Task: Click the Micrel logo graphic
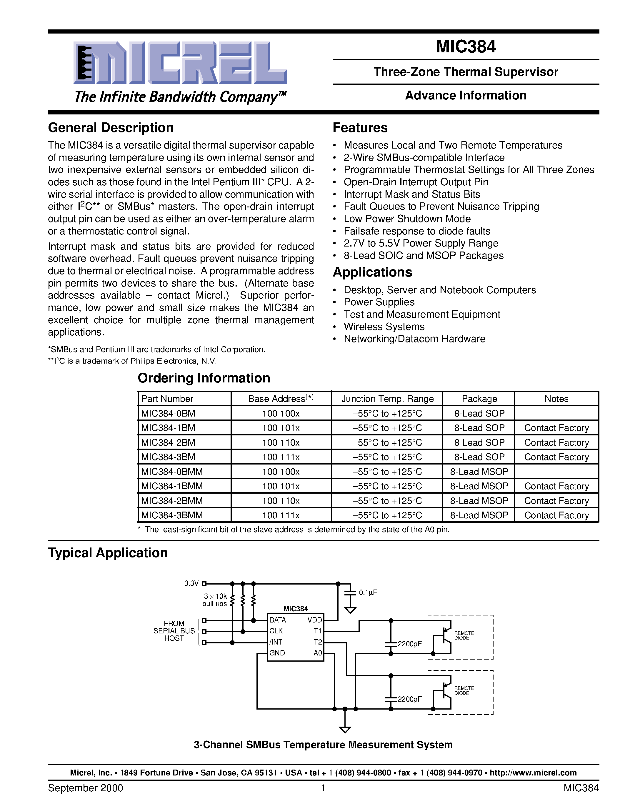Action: pos(180,63)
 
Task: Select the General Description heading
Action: pos(111,128)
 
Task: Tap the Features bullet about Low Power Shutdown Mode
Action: pos(407,219)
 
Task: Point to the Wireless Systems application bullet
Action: pos(384,327)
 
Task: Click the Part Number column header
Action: pos(167,399)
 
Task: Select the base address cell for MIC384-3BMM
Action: pos(281,515)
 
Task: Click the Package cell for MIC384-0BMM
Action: pos(479,472)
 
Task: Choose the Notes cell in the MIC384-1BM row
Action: pos(556,428)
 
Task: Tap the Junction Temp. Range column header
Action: pos(387,399)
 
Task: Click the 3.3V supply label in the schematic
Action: pos(191,583)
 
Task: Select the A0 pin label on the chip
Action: pos(317,653)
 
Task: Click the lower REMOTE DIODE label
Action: pos(464,690)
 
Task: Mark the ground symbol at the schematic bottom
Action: pos(345,729)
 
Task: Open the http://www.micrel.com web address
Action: pos(533,773)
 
